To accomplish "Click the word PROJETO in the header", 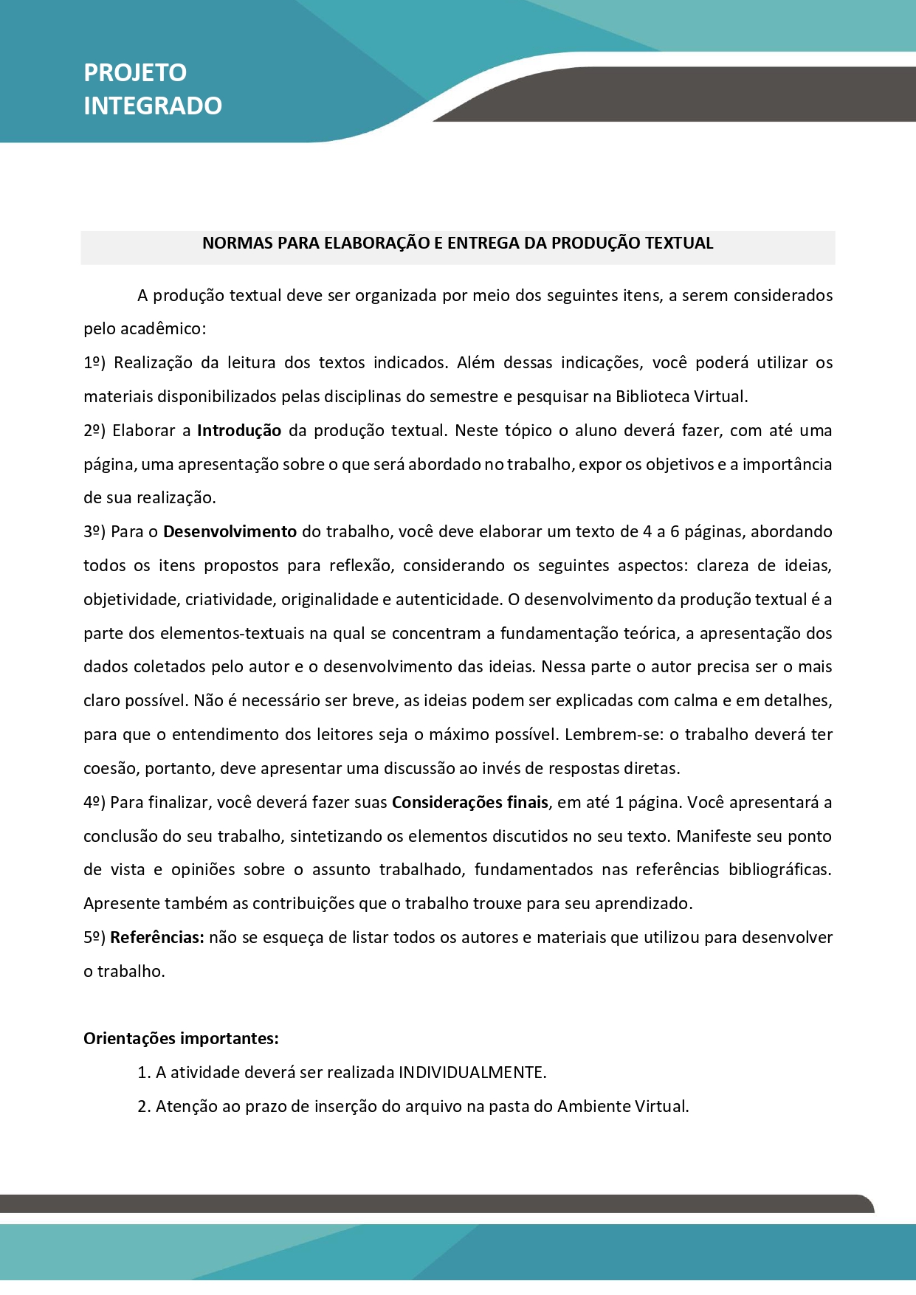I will click(x=135, y=73).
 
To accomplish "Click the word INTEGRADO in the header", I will click(x=153, y=106).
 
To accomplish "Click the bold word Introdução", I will click(x=239, y=431).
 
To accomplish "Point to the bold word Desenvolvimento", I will click(x=230, y=532).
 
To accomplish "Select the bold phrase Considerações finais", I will click(x=469, y=803).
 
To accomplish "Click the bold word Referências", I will click(x=156, y=938).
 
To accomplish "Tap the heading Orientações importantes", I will click(x=181, y=1039).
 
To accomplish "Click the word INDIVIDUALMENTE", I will click(x=472, y=1073).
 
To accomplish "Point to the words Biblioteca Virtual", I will click(x=681, y=397).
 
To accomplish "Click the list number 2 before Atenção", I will click(x=143, y=1107).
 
